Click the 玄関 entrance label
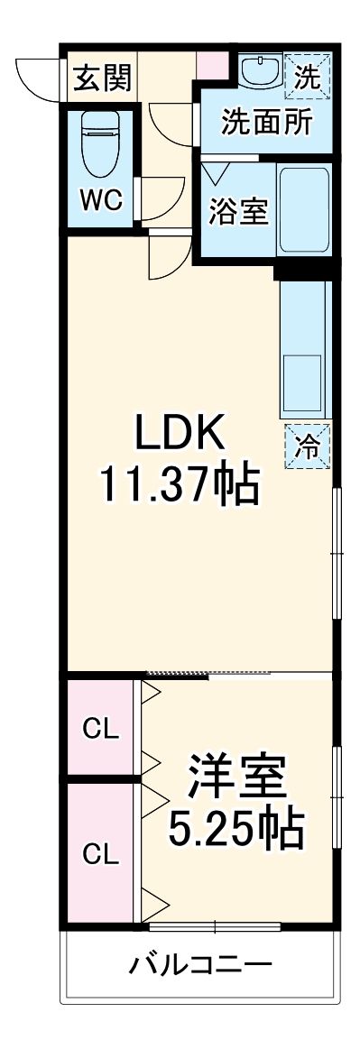[102, 78]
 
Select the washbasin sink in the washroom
[260, 71]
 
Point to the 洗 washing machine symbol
[308, 77]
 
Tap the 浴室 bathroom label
[237, 212]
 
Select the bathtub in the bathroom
[304, 209]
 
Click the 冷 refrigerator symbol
[308, 445]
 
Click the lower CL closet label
[100, 852]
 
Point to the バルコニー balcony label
[199, 967]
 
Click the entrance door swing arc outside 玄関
[41, 77]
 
